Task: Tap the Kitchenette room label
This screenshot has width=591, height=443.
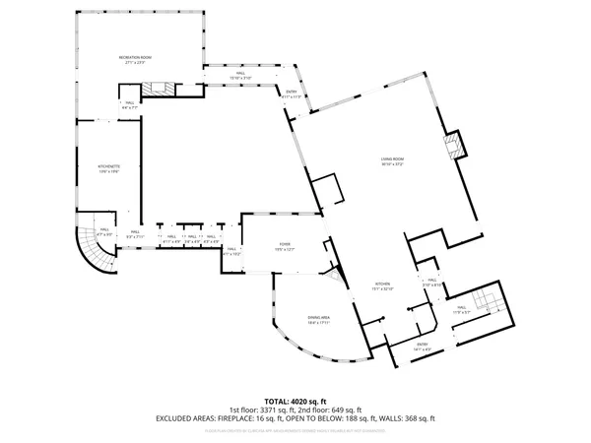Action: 108,169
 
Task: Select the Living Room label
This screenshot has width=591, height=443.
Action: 394,162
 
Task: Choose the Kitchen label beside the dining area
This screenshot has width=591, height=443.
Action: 382,287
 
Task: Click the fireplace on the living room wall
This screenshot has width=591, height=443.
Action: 453,146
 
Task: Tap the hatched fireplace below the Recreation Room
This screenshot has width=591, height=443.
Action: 158,89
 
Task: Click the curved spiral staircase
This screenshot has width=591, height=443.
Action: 97,246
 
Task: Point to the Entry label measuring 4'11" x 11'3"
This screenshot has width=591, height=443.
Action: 292,95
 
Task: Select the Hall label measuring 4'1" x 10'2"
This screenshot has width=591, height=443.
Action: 231,252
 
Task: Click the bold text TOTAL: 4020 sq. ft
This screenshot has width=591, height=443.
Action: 295,402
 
